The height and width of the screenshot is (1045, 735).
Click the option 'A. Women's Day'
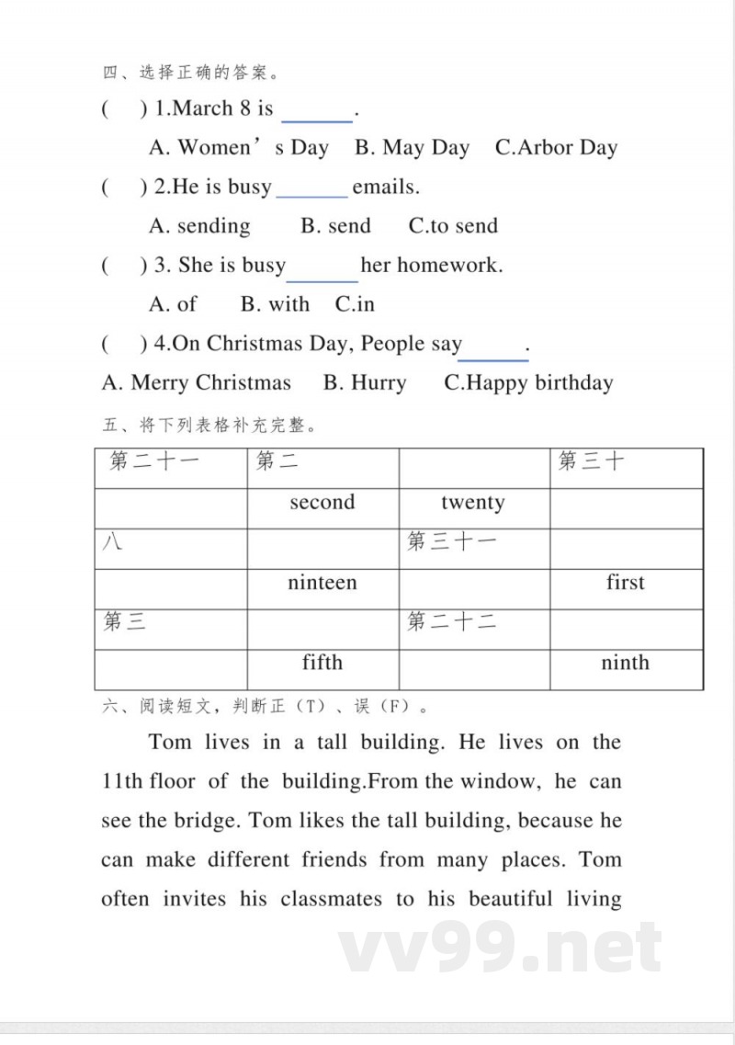239,148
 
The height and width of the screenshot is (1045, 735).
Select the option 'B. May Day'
413,148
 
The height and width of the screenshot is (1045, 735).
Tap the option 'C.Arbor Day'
556,148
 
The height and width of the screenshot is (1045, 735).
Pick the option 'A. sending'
199,226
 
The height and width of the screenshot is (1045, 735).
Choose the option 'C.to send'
453,226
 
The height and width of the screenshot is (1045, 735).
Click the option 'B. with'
275,304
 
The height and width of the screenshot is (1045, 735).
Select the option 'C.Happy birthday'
528,383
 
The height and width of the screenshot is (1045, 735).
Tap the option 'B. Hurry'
365,383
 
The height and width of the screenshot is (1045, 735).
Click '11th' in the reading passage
122,782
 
